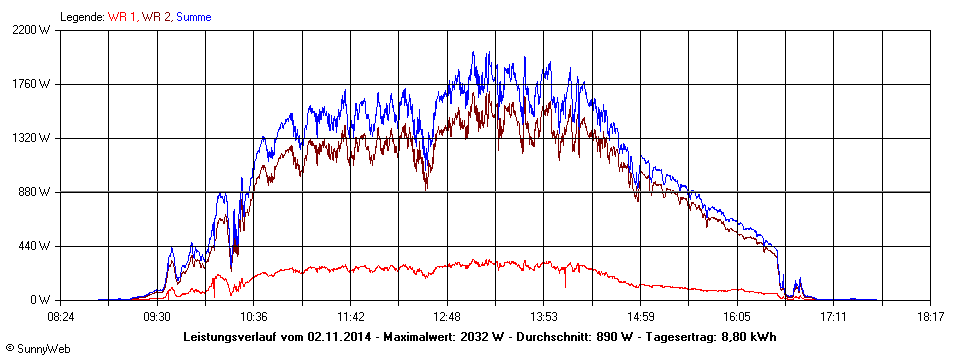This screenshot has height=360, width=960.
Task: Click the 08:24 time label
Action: [x=61, y=316]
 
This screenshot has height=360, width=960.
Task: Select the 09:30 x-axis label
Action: [x=157, y=316]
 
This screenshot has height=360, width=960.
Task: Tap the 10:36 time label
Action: [x=254, y=316]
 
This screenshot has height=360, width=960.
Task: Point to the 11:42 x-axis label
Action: [x=351, y=316]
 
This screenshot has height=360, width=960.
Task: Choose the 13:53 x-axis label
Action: [x=544, y=316]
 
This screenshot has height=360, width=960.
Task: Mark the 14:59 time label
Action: [x=641, y=316]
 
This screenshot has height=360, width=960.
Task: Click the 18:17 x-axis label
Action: [x=931, y=316]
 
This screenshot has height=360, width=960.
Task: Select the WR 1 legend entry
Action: [x=123, y=17]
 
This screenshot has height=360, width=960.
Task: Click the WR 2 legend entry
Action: [x=158, y=17]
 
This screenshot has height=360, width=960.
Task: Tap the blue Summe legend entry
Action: [x=193, y=17]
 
